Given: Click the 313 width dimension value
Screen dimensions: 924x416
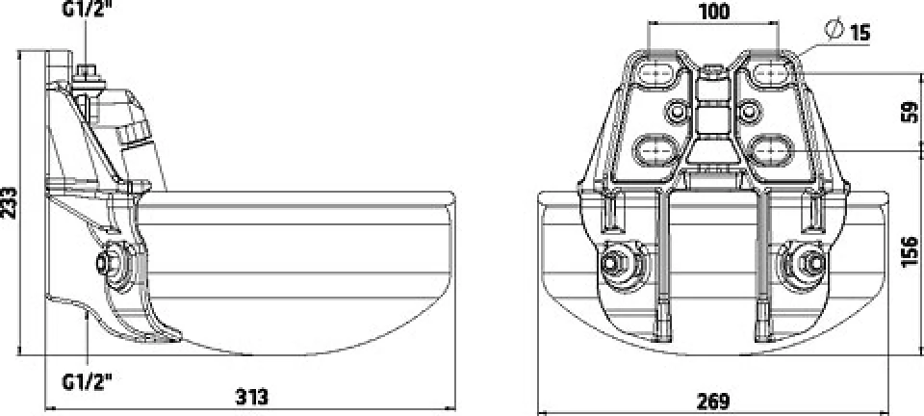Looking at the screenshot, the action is point(251,397).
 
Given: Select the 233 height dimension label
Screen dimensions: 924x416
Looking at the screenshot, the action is point(9,202).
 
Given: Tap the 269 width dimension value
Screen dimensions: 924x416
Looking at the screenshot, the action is point(713,402).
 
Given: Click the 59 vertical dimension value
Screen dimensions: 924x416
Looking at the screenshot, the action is point(911,112).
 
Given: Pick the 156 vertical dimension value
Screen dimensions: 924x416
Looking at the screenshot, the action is point(911,251).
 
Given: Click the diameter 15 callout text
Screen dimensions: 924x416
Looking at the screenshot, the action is point(848,31).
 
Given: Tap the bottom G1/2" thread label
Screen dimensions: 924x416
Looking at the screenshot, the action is point(88,382).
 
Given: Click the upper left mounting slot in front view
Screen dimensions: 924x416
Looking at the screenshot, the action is point(654,73).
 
